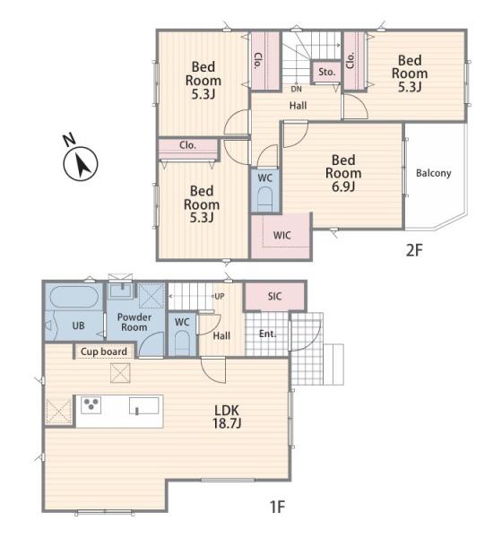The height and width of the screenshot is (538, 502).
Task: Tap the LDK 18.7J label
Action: [x=227, y=417]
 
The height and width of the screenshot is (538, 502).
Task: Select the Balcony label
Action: [x=433, y=173]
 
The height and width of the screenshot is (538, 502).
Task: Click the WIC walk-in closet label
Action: [x=282, y=235]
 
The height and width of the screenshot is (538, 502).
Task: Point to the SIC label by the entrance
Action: [x=274, y=296]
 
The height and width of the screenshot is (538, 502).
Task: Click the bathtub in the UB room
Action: [x=74, y=297]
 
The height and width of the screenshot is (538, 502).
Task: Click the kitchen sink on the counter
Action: [x=144, y=405]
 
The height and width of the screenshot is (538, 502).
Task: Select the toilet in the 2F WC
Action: [x=265, y=199]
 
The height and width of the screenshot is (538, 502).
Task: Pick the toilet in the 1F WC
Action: [x=182, y=343]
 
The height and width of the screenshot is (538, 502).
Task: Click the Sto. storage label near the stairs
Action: [x=326, y=72]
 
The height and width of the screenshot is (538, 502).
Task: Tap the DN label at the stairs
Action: [x=296, y=89]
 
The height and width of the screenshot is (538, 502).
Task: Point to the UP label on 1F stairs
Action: [x=219, y=296]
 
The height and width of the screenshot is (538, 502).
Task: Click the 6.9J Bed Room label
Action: [x=343, y=173]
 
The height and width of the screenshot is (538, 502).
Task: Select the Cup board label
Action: [x=104, y=351]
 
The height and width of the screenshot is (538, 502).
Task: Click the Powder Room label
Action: [x=134, y=322]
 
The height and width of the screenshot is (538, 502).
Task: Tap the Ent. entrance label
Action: [x=268, y=334]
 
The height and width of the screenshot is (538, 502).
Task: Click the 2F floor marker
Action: [x=414, y=250]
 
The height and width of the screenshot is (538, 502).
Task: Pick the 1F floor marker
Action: [x=277, y=507]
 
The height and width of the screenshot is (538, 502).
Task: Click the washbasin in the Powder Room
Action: [x=120, y=291]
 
